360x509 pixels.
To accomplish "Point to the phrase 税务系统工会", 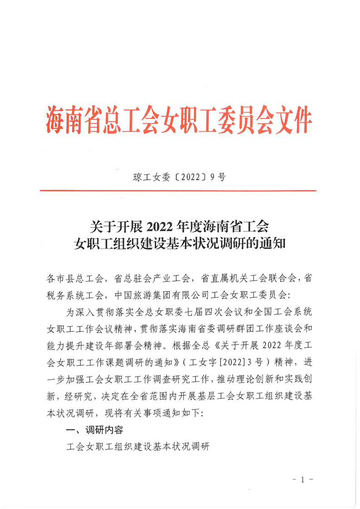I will pos(75,295).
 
